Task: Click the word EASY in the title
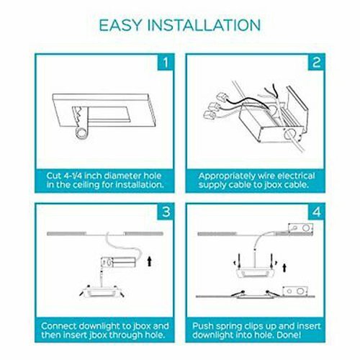pyautogui.click(x=121, y=25)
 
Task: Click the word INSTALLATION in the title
pyautogui.click(x=204, y=25)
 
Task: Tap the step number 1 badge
pyautogui.click(x=166, y=63)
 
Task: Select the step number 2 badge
pyautogui.click(x=316, y=63)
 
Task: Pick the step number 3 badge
pyautogui.click(x=166, y=212)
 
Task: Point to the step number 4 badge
pyautogui.click(x=316, y=212)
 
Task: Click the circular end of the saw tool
pyautogui.click(x=81, y=132)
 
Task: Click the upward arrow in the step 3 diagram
pyautogui.click(x=150, y=261)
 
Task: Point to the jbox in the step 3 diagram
pyautogui.click(x=118, y=262)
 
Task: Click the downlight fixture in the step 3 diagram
pyautogui.click(x=102, y=292)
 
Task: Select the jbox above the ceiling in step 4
pyautogui.click(x=300, y=228)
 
